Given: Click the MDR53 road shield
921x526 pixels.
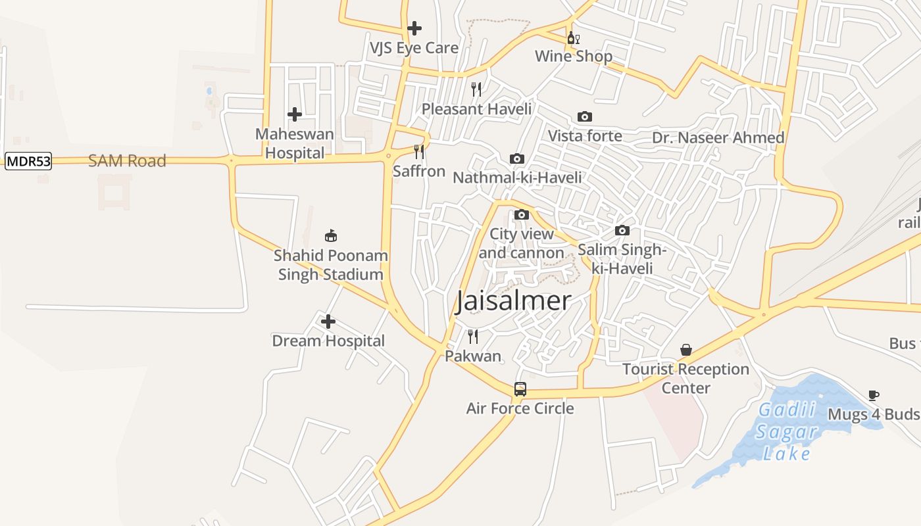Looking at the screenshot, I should click(x=28, y=161).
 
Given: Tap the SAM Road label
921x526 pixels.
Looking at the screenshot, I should click(x=127, y=161).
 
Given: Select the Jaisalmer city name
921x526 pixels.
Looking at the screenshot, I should click(x=513, y=301).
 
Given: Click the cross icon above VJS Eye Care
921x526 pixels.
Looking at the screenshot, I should click(x=414, y=28).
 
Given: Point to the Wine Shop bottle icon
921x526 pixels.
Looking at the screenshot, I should click(x=573, y=37).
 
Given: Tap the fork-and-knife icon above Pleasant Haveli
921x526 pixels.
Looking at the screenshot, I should click(x=476, y=89).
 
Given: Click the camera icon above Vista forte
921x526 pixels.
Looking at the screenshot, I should click(x=584, y=117).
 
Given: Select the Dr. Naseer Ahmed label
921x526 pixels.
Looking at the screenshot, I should click(x=718, y=138).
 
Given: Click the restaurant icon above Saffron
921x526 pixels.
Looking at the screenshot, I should click(x=419, y=152).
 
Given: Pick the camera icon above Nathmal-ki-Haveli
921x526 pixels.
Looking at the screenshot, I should click(x=517, y=158).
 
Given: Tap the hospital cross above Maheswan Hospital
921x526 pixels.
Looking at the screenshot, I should click(x=295, y=114).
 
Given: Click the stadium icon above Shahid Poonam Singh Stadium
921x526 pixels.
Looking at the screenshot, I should click(x=331, y=236).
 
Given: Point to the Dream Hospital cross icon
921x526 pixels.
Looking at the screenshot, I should click(x=328, y=322).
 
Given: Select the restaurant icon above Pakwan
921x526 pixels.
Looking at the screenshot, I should click(x=473, y=337).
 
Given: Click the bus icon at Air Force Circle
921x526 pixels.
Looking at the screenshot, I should click(x=520, y=389).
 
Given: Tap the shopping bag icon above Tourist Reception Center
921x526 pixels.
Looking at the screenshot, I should click(x=686, y=350).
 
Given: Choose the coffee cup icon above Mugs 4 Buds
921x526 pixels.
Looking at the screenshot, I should click(x=873, y=395).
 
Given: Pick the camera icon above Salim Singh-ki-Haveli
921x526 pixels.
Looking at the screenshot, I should click(x=622, y=230).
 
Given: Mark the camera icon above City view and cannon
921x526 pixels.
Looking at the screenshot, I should click(x=522, y=214).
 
